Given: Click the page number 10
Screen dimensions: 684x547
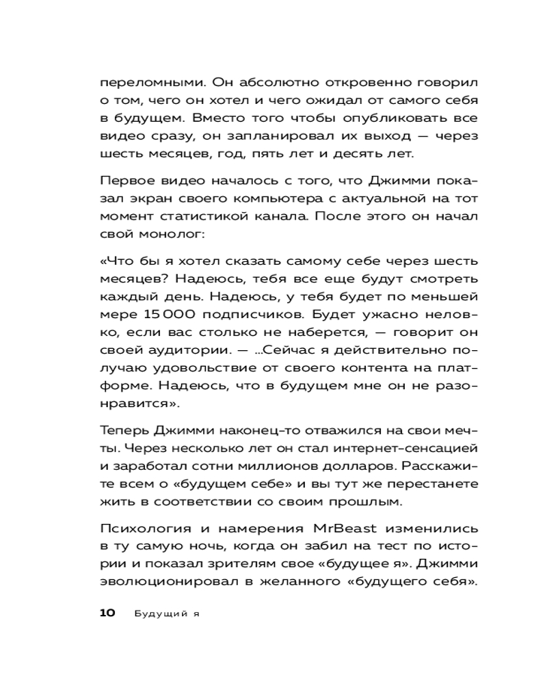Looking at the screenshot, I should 109,612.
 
